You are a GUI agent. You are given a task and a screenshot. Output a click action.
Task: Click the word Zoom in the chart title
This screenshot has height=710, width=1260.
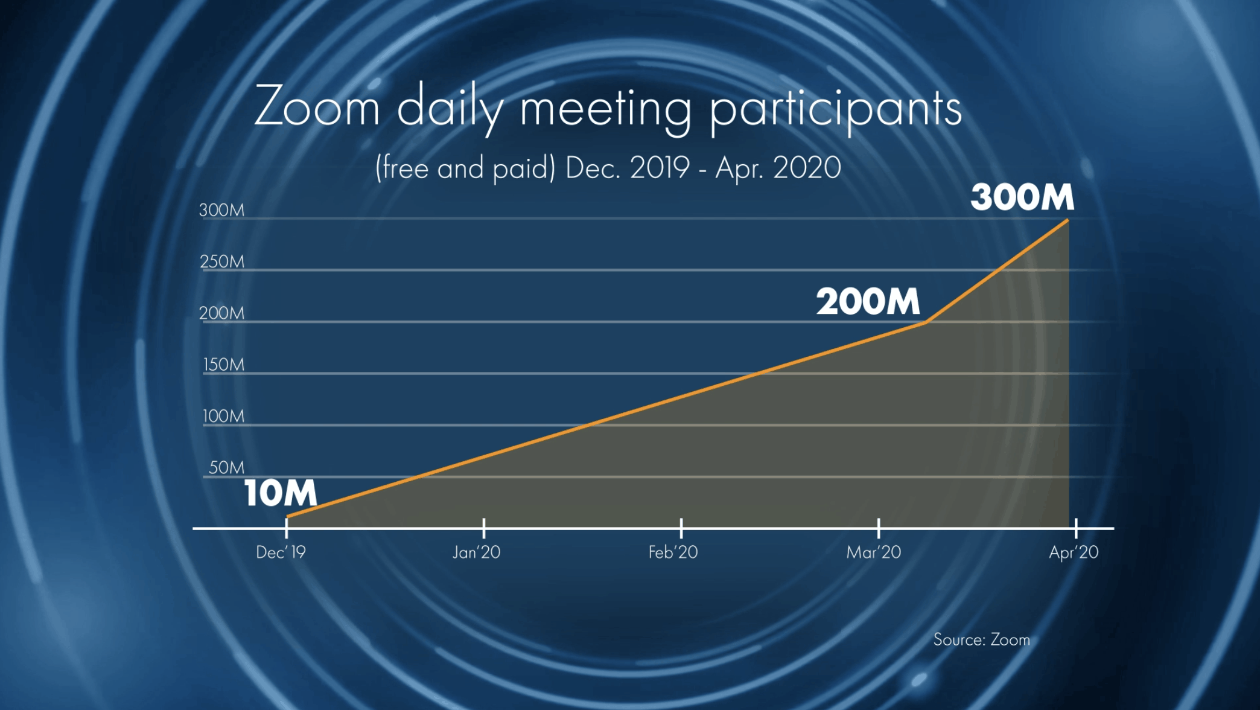pos(317,107)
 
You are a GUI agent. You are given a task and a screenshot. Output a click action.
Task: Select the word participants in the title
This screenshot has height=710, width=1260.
pos(835,110)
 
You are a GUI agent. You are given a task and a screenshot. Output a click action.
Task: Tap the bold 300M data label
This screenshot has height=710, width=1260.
pos(1022,197)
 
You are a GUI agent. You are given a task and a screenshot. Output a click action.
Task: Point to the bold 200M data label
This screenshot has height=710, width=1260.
pos(868,301)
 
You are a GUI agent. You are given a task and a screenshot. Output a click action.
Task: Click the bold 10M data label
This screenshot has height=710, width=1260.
pos(281,493)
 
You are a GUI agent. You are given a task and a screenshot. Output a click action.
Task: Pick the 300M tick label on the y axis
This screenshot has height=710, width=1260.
pos(221,210)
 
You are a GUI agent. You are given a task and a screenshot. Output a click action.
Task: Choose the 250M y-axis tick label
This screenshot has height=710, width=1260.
pos(221,261)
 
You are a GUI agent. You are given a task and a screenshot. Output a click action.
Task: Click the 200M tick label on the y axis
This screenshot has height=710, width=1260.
pos(221,313)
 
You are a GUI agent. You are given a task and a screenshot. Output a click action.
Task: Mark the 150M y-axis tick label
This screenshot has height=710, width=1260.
pos(223,365)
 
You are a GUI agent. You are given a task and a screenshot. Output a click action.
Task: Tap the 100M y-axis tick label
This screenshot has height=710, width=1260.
pos(223,416)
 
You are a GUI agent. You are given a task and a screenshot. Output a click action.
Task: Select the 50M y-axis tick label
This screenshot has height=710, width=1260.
pos(226,468)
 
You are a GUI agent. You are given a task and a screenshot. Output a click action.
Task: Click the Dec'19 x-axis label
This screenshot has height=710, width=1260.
pos(281,552)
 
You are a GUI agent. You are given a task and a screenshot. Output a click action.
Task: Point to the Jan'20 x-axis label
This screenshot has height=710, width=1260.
pos(477,552)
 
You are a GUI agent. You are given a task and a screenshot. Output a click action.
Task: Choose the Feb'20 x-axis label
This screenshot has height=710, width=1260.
pos(673,552)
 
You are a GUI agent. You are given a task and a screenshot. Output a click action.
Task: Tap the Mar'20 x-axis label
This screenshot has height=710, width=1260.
pos(873,552)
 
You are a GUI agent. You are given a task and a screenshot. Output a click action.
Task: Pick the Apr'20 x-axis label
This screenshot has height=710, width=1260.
pos(1074,552)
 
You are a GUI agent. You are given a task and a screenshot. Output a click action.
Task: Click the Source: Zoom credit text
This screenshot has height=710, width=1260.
pos(981,640)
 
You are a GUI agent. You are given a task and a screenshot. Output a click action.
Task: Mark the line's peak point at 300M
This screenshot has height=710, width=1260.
pos(1068,220)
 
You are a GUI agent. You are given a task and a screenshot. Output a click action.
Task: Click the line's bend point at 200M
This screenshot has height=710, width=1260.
pos(926,322)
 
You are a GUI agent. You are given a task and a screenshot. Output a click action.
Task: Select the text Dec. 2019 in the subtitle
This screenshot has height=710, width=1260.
pos(628,168)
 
